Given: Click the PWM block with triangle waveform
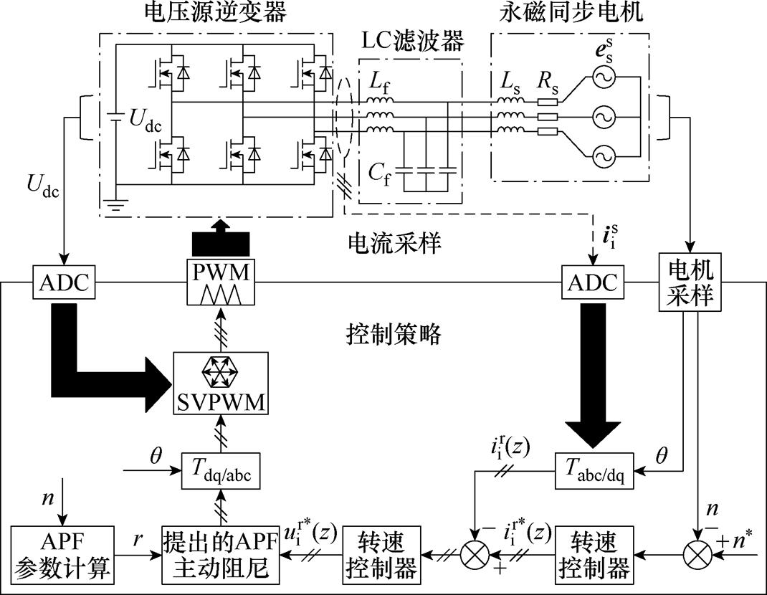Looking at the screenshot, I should (x=219, y=283).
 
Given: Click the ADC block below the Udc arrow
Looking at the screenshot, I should (x=65, y=282).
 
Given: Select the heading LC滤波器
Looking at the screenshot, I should (x=411, y=42).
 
